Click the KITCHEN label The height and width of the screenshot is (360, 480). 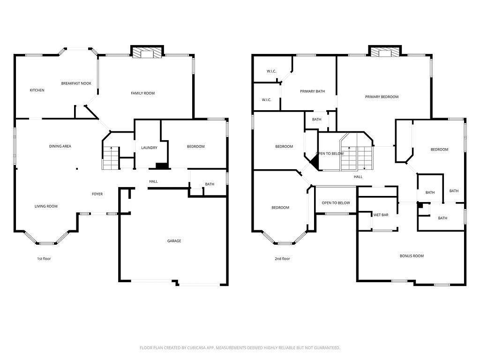point(37,90)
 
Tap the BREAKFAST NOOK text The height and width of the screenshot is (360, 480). point(76,83)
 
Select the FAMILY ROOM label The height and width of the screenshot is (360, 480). point(142,93)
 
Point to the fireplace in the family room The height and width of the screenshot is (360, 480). point(147,52)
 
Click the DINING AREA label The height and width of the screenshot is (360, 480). point(60,146)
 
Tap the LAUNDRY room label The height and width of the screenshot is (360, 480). point(149,148)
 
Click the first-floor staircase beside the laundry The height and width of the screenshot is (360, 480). point(111,158)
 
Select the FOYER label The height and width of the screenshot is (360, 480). point(97,194)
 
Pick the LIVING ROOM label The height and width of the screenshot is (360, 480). point(46,206)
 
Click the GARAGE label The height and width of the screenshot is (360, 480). point(174,241)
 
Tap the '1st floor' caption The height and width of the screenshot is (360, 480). point(44,259)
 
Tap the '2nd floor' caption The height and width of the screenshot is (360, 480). point(282,259)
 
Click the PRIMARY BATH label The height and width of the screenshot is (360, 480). point(312,91)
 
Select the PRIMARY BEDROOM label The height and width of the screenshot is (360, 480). point(382,97)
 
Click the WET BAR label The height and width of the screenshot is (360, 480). point(381,215)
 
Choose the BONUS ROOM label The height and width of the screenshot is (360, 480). point(412,256)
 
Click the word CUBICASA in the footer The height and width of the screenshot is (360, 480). point(202,348)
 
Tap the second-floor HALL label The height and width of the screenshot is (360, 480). point(358,177)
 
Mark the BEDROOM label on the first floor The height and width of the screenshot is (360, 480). point(195,147)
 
